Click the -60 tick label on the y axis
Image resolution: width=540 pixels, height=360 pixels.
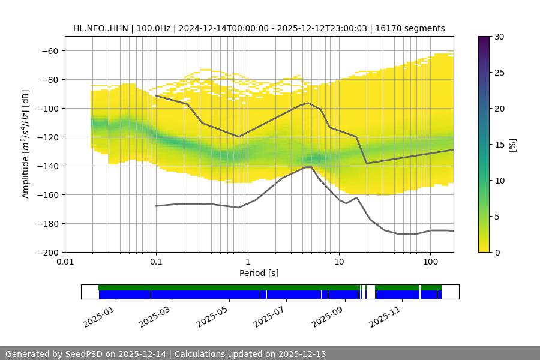tap(50, 50)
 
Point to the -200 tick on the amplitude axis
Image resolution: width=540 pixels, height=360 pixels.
tap(47, 252)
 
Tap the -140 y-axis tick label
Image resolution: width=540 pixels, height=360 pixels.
tap(47, 166)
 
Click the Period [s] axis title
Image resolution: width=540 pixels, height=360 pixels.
tap(259, 273)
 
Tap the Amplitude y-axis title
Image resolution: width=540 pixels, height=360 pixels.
tap(26, 144)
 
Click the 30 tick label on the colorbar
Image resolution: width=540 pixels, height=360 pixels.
tap(499, 37)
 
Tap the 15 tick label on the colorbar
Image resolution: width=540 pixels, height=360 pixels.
tap(499, 144)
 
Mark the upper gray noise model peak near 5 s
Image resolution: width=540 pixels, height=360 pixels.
tap(308, 103)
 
